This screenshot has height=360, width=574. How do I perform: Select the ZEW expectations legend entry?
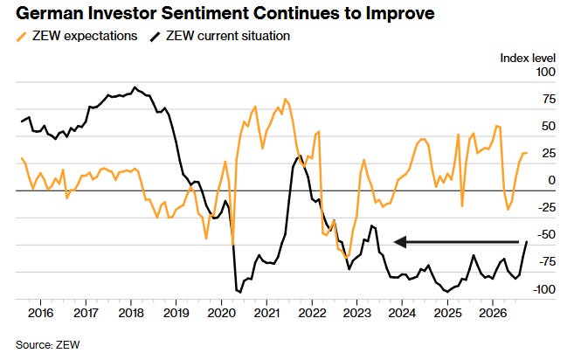coord(77,36)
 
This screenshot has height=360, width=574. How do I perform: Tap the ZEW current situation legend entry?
coord(220,36)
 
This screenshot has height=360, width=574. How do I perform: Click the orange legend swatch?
coord(22,37)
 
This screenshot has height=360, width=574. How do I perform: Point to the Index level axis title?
coord(528,58)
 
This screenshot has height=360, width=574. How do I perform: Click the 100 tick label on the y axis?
coord(545,72)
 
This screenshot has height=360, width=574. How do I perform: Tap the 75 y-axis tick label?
coord(549,99)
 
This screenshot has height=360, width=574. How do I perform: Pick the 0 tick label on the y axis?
coord(551,180)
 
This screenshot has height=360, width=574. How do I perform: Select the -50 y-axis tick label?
coord(547,234)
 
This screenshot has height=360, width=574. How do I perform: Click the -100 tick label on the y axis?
coord(544,289)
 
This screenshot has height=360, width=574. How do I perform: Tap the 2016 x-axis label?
coord(40,313)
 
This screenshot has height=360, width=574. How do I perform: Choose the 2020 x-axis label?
coord(221,313)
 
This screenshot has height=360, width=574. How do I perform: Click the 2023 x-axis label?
coord(357,313)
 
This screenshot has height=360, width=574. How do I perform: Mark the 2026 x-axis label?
coord(493,313)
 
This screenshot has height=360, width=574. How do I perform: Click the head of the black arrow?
coord(396,242)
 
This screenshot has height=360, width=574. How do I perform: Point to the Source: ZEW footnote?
coord(47,345)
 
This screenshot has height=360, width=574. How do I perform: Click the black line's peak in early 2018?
coord(135,87)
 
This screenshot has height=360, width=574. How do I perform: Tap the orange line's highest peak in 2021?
coord(286,99)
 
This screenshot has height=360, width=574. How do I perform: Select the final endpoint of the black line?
coord(527,242)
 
